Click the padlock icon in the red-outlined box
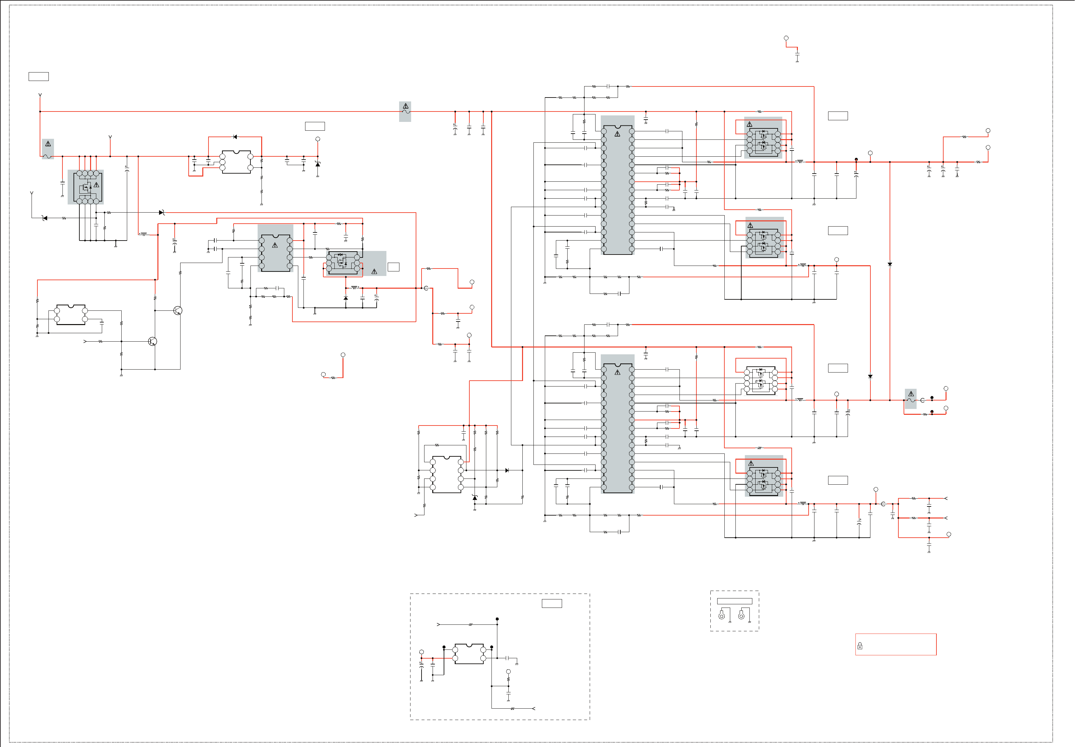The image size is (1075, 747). pos(860,646)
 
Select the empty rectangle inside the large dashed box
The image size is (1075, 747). pos(552,603)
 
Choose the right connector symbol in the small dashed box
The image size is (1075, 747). pos(741,615)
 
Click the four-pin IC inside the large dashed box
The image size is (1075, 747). pos(469,654)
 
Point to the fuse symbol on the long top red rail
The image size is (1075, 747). pos(406,112)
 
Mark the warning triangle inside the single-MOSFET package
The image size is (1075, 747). pos(96,185)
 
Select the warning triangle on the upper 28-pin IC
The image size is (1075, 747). pos(617,134)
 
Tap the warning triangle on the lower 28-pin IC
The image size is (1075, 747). pos(617,373)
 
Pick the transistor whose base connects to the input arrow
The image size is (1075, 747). pos(152,341)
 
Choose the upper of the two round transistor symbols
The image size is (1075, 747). pos(178,310)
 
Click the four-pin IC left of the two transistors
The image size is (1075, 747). pos(71,315)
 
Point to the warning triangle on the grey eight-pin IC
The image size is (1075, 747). pos(275,245)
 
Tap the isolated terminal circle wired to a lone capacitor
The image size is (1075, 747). pos(786,38)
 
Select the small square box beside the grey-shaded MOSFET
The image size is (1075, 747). pos(393,267)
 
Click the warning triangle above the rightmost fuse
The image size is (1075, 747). pos(911,394)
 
